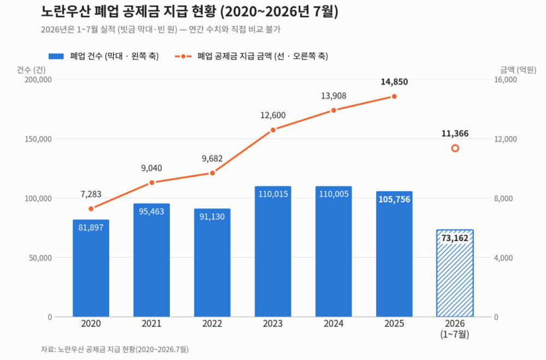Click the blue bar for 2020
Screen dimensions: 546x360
pyautogui.click(x=91, y=268)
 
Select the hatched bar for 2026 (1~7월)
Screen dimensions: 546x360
pyautogui.click(x=455, y=273)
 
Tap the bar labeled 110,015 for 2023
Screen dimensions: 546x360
pyautogui.click(x=272, y=251)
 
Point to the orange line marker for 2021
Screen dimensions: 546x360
pyautogui.click(x=151, y=182)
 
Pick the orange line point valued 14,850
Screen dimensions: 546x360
pyautogui.click(x=394, y=97)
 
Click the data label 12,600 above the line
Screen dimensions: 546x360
pyautogui.click(x=273, y=115)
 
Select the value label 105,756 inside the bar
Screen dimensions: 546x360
pyautogui.click(x=394, y=199)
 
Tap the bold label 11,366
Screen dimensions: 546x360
pyautogui.click(x=455, y=133)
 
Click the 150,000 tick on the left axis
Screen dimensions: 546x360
pyautogui.click(x=38, y=139)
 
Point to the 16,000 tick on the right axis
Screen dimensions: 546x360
pyautogui.click(x=506, y=79)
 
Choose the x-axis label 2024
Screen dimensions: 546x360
pyautogui.click(x=334, y=324)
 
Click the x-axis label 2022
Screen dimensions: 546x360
pyautogui.click(x=212, y=324)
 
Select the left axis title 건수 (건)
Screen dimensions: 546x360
pyautogui.click(x=31, y=70)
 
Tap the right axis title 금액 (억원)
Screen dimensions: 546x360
pyautogui.click(x=518, y=70)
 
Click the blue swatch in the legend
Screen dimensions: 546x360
pyautogui.click(x=56, y=56)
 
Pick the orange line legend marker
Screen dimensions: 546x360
pyautogui.click(x=183, y=56)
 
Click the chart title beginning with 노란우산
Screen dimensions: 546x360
pyautogui.click(x=189, y=11)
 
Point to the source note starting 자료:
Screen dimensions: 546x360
pyautogui.click(x=115, y=349)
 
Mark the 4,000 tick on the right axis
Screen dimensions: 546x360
pyautogui.click(x=503, y=258)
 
